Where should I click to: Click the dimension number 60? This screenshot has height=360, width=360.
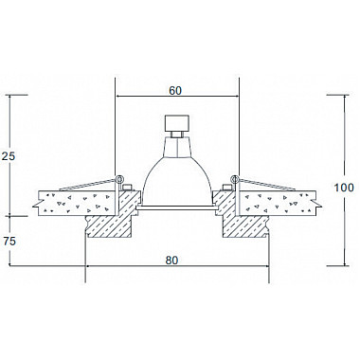[x=175, y=90]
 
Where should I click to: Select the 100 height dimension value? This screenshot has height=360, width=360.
[x=346, y=188]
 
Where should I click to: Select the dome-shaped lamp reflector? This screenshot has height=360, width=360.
[x=176, y=175]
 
